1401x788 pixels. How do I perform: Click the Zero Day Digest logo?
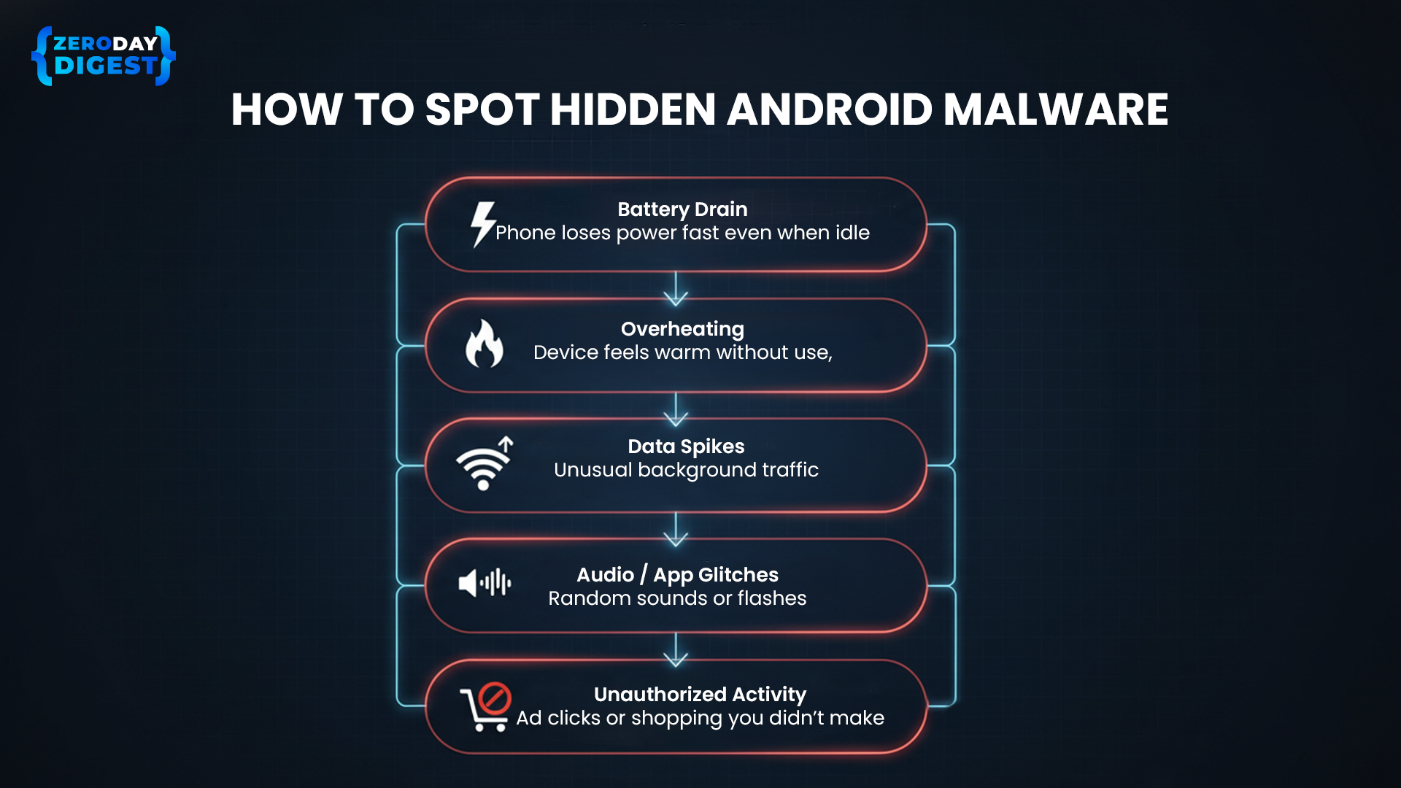104,56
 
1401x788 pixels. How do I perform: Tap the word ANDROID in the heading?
829,110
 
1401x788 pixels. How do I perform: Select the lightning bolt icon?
482,224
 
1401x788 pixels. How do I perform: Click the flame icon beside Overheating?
485,344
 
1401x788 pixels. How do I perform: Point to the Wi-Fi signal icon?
484,464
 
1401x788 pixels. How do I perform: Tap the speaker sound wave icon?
485,583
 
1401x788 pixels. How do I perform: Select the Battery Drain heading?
682,209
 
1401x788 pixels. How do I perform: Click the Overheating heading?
682,329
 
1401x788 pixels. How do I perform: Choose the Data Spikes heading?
686,447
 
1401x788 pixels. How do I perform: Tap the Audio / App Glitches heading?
677,575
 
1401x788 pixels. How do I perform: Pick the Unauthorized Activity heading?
700,695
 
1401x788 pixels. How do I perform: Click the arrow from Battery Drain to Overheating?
676,289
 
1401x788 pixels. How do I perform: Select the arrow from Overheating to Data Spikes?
676,409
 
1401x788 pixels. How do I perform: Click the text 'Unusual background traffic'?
686,470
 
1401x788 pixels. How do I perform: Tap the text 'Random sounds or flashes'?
677,598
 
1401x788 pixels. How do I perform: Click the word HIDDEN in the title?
633,110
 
